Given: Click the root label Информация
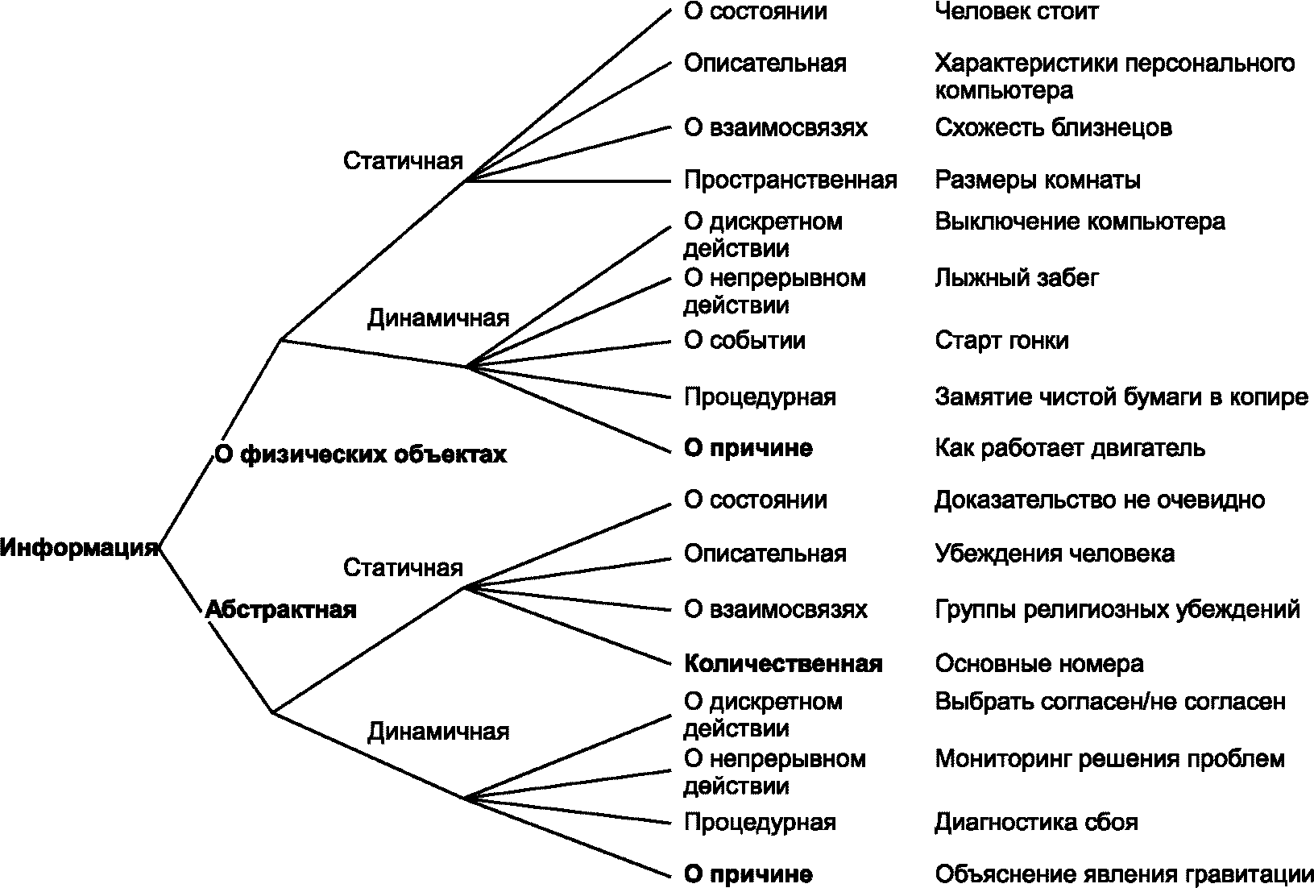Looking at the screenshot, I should [x=78, y=548].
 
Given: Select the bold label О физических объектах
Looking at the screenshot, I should [x=360, y=454].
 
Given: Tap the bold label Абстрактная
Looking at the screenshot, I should [x=280, y=609].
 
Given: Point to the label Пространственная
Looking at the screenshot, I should [x=790, y=180].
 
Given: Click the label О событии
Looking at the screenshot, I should [x=744, y=340].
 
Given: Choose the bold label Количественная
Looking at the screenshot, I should [x=782, y=664].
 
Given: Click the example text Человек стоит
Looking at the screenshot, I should [x=1016, y=11].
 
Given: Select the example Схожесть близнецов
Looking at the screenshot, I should [x=1053, y=127].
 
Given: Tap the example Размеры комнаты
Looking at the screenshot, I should [x=1037, y=180].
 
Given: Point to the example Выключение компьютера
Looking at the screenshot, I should [x=1080, y=222].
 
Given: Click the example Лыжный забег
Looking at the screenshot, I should [x=1017, y=278].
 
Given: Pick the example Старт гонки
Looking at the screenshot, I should [x=1001, y=340].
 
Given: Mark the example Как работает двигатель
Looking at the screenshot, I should [x=1070, y=448].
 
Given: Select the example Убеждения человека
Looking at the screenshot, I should [x=1054, y=554].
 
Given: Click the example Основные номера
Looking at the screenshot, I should [x=1038, y=664].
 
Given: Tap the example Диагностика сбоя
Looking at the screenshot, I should [x=1036, y=822].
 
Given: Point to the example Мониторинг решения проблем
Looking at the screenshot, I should [x=1109, y=759].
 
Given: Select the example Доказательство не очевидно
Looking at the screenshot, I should [x=1099, y=500].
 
